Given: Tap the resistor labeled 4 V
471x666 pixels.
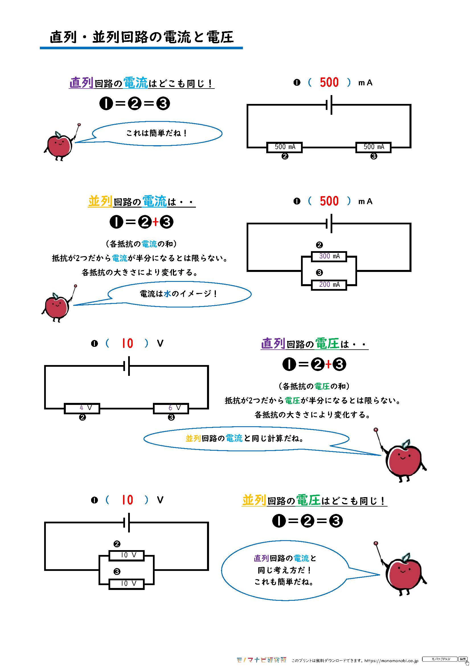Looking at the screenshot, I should click(82, 408).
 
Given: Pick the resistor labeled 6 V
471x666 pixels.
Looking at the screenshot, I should click(171, 408).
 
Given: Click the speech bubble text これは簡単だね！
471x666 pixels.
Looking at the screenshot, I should click(157, 133).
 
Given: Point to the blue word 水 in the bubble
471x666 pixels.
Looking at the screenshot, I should click(167, 294).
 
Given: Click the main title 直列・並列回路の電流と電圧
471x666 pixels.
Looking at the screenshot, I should click(142, 37).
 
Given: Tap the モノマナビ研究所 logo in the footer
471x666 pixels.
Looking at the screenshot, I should click(261, 660).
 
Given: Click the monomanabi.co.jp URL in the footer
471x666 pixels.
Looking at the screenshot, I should click(391, 661).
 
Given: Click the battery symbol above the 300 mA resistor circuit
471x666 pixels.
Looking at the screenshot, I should click(329, 223).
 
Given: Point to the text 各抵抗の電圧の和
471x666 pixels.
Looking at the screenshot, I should click(314, 386).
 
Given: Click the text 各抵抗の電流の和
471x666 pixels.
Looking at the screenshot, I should click(141, 244).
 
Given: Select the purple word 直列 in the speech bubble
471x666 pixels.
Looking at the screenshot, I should click(261, 558).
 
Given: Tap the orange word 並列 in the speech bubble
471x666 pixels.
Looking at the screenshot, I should click(193, 438).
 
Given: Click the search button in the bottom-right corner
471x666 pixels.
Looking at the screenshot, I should click(462, 659).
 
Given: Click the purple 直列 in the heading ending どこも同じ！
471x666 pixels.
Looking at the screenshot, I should click(81, 83).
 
